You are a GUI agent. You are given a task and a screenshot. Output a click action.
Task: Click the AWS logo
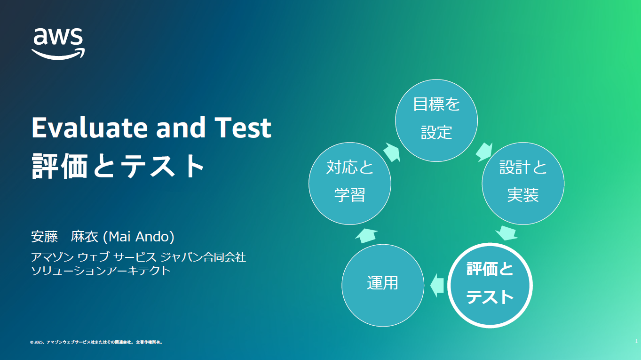58,44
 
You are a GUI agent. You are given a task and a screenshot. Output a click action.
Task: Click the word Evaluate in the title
89,128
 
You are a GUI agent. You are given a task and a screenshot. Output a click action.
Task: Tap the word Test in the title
243,128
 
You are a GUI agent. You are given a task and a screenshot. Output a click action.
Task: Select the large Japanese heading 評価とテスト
118,166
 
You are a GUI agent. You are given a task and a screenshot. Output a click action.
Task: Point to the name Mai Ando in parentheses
138,237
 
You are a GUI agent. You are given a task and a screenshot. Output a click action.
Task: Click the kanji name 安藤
44,237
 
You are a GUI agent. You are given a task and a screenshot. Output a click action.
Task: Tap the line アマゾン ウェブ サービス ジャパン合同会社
138,257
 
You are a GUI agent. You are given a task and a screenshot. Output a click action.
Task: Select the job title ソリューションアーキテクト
101,271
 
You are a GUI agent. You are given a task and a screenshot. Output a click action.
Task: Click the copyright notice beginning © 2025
96,342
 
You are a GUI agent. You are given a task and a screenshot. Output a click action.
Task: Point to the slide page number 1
636,341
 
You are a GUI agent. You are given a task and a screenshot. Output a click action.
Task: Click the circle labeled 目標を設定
436,120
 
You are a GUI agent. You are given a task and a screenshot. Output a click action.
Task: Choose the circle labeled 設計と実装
523,184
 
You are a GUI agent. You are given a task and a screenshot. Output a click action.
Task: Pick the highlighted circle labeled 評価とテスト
490,286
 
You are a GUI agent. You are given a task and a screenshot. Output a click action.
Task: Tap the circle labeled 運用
383,286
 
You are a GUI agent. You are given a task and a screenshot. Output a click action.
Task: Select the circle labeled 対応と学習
350,184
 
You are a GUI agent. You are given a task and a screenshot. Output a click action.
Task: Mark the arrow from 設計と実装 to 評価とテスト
507,233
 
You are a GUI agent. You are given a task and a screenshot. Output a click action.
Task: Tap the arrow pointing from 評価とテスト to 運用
437,286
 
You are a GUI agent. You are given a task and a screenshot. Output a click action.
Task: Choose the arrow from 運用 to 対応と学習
366,235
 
